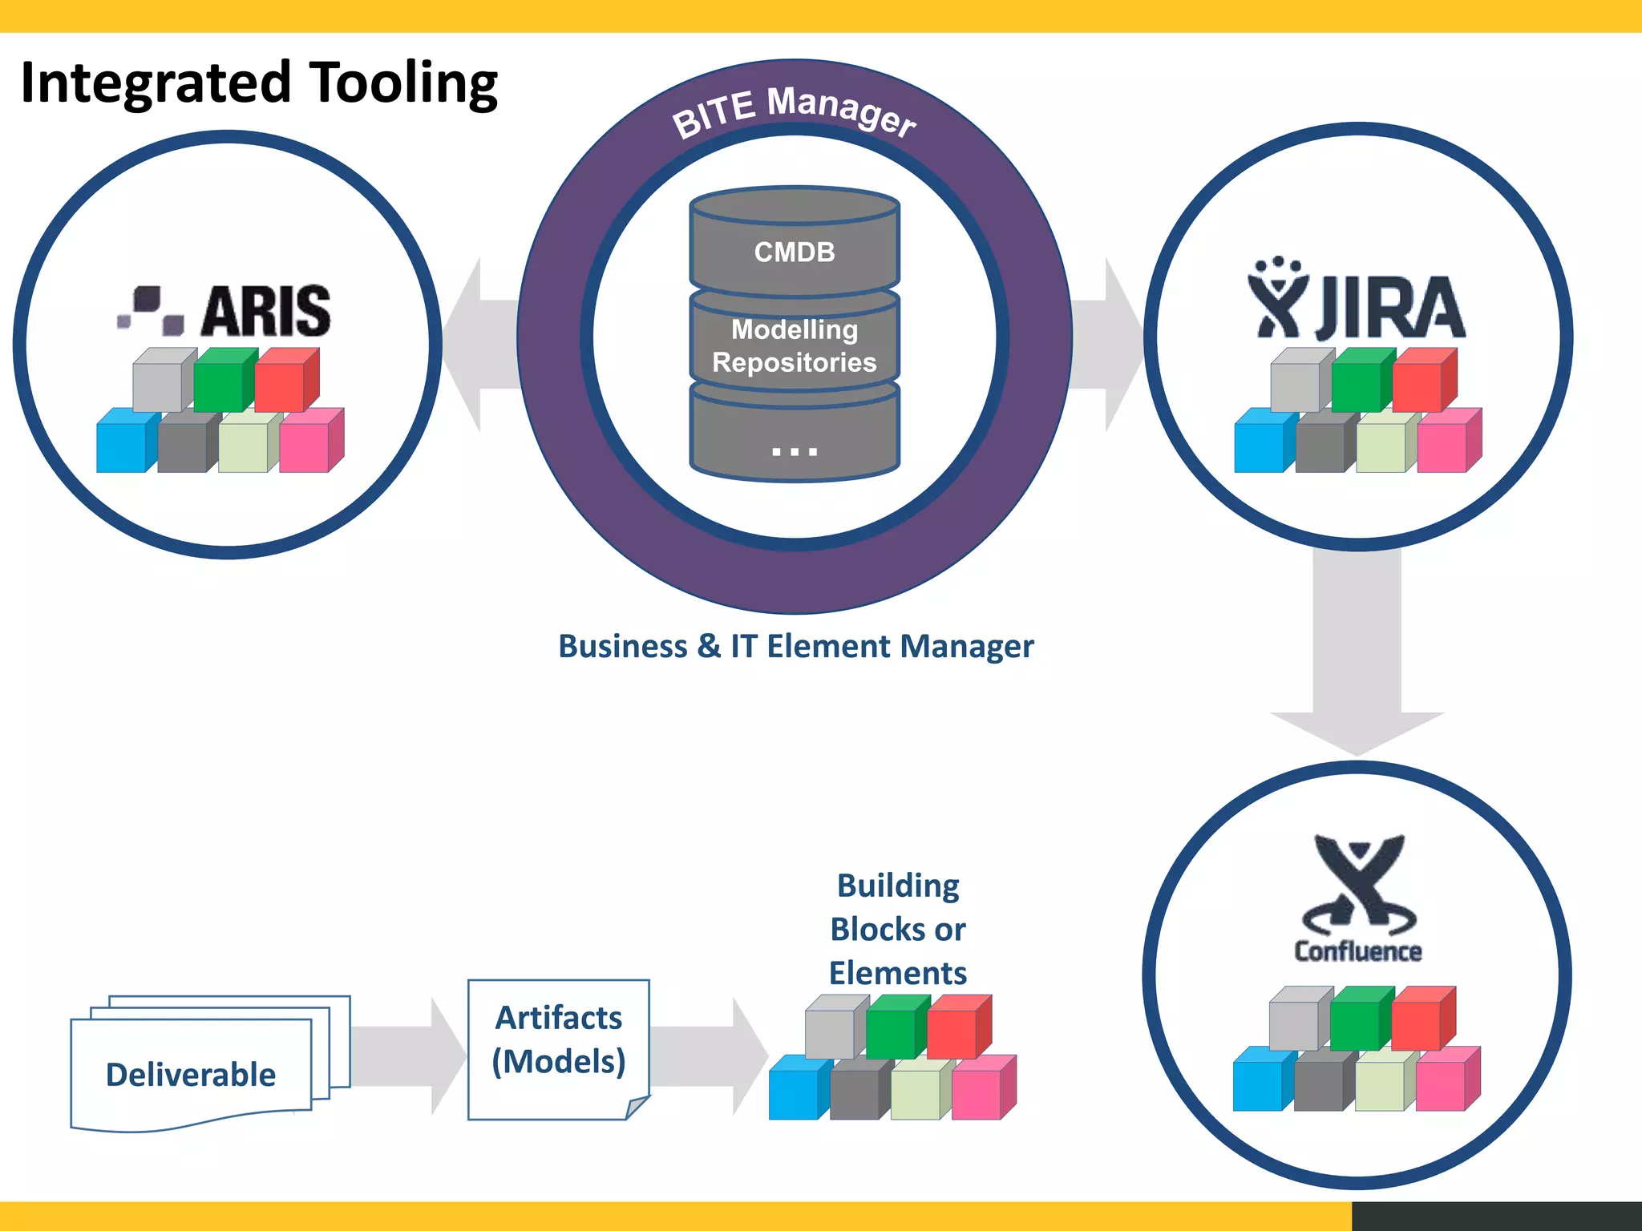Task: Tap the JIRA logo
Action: click(1357, 300)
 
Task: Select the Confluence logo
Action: click(1357, 898)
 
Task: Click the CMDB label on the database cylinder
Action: click(795, 252)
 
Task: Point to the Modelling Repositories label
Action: click(795, 345)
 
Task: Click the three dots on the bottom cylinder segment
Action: click(795, 451)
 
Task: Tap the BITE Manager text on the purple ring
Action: click(794, 112)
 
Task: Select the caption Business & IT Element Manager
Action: click(795, 646)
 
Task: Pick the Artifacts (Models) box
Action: click(558, 1040)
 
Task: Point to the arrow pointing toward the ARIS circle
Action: click(481, 345)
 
